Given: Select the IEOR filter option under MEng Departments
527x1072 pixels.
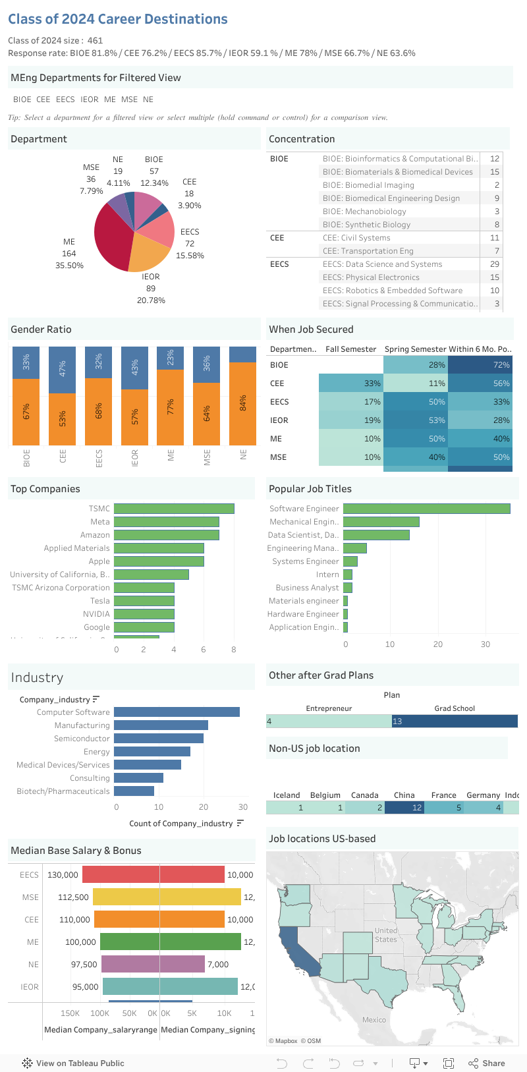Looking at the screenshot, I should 90,99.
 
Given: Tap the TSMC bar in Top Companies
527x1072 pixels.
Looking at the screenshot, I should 174,509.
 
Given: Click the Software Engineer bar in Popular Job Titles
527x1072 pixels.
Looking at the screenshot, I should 426,509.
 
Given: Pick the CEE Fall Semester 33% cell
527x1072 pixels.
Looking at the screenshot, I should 350,383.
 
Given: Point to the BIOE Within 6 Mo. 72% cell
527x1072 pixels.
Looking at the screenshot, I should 480,365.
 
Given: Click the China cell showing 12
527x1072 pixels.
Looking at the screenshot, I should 404,807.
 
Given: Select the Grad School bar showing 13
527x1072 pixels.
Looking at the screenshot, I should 455,721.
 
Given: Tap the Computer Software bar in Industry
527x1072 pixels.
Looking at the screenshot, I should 177,712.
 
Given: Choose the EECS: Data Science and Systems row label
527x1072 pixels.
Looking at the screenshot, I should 382,264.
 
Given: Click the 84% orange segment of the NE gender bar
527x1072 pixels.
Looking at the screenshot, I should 243,403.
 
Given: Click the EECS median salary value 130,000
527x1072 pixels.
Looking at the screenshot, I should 63,875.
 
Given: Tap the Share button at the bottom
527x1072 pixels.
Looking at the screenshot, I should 487,1063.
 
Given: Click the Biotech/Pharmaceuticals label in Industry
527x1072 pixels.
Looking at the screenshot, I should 63,791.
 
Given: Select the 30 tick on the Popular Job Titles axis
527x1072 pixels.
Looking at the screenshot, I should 485,644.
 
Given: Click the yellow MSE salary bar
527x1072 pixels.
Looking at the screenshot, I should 126,897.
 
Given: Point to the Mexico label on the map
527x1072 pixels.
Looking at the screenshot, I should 374,1020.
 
